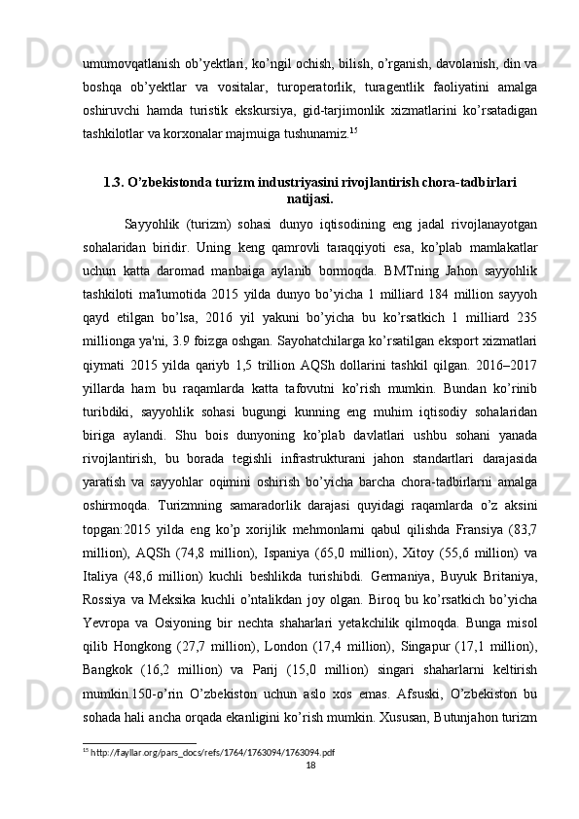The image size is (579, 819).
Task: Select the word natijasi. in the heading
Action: pyautogui.click(x=309, y=199)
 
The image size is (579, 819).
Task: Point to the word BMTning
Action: pyautogui.click(x=360, y=264)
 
